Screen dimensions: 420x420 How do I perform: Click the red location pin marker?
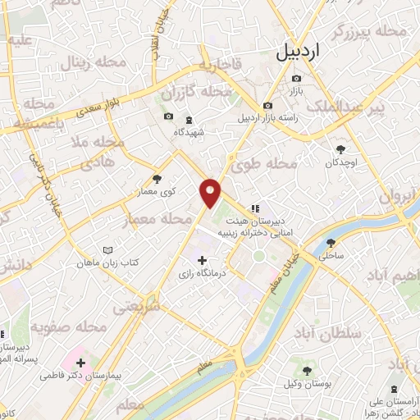tap(211, 192)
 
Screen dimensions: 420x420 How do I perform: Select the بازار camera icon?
tap(296, 79)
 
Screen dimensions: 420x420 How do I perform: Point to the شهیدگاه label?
tap(199, 130)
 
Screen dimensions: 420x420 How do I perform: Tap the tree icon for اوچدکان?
tap(341, 149)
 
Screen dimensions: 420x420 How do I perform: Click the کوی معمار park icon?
tap(157, 179)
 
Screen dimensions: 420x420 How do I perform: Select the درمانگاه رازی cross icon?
tap(203, 261)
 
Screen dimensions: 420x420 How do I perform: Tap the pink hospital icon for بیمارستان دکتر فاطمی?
tap(81, 361)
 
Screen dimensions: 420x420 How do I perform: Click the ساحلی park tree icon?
tap(331, 243)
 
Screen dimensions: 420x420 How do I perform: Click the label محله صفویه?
tap(72, 327)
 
